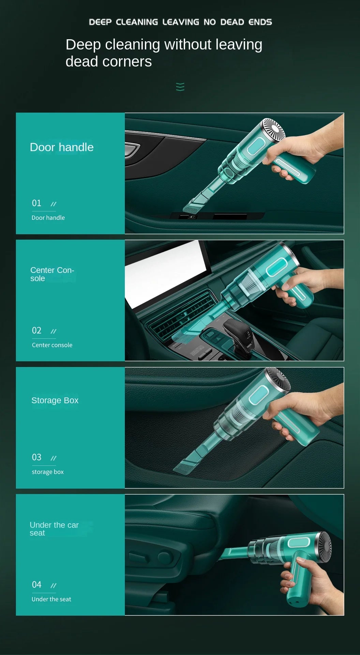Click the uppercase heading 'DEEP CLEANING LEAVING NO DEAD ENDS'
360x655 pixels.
tap(180, 22)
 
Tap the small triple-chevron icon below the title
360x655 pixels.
tap(180, 87)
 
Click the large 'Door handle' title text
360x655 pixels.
tap(62, 147)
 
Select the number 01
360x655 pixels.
tap(36, 203)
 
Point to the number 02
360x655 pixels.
tap(36, 331)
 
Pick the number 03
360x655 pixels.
tap(36, 457)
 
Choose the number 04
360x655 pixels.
tap(36, 585)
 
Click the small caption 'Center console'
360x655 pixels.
tap(52, 345)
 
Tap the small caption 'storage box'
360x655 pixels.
tap(48, 472)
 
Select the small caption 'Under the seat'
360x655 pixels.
tap(51, 599)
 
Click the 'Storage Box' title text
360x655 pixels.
tap(55, 401)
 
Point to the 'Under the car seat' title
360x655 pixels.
tap(54, 529)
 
